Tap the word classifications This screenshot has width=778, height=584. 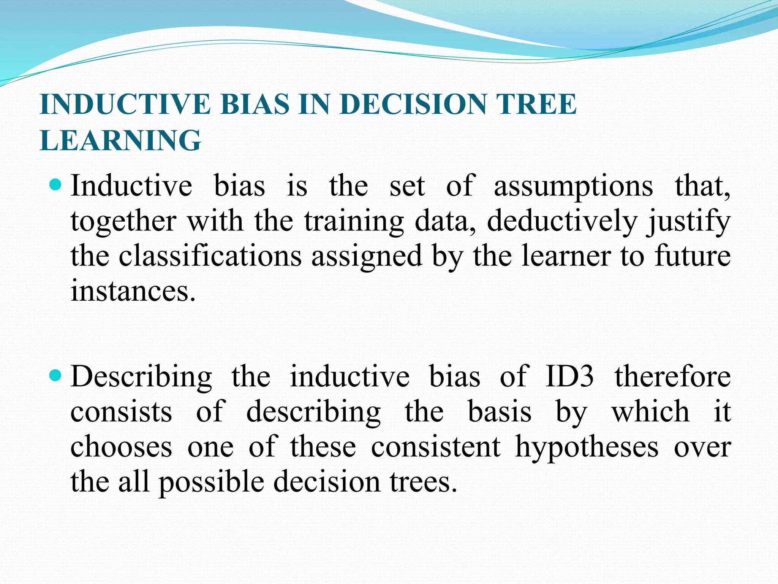210,256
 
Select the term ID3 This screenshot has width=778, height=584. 569,376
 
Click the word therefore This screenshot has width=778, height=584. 673,376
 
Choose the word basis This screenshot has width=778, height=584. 500,412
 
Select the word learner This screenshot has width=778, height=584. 566,256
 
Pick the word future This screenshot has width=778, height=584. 693,256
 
